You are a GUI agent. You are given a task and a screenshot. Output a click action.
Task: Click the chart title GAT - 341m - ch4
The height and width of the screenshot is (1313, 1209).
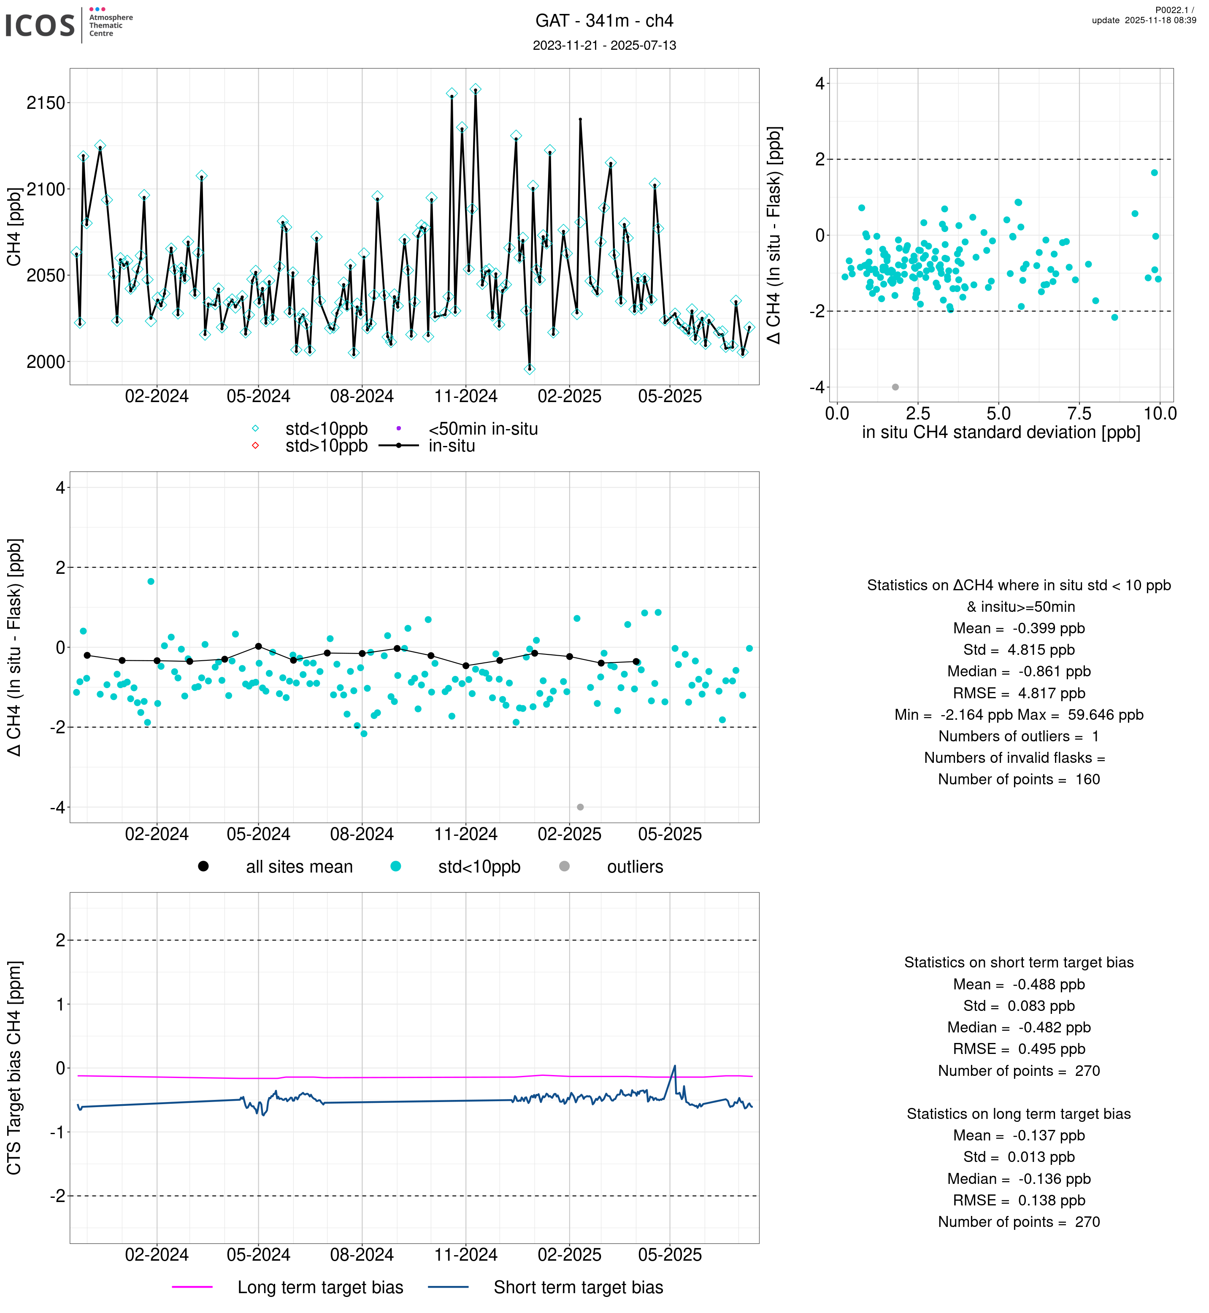(604, 21)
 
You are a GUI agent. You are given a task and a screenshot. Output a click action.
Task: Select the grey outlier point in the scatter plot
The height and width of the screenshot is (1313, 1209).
(895, 387)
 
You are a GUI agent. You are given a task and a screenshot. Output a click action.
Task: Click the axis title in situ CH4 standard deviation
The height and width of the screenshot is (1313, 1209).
(1001, 432)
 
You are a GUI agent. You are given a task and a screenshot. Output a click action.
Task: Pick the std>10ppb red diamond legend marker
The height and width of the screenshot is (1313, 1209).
(255, 446)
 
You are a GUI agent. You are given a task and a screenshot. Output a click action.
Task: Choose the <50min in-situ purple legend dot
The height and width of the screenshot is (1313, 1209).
(398, 429)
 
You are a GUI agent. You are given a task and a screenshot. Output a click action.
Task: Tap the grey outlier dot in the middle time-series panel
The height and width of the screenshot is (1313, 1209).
(580, 807)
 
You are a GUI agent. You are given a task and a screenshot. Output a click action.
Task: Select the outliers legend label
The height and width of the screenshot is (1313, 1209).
(635, 867)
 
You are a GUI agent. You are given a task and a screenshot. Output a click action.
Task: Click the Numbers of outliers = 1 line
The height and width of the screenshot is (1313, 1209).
(1019, 737)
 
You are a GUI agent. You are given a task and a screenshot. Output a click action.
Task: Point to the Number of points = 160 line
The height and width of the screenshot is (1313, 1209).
(1019, 780)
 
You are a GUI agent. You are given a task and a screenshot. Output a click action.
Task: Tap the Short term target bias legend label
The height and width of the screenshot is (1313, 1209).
(578, 1288)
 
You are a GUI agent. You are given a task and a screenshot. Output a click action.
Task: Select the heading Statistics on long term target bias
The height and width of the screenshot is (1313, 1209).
(1019, 1114)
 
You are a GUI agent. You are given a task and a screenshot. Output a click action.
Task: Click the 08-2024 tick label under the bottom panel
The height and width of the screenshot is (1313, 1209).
(362, 1255)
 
